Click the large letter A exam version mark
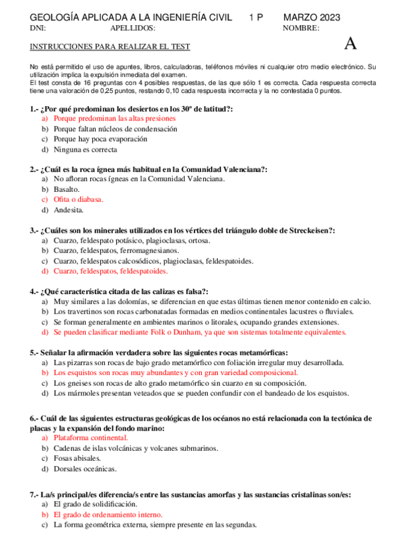tap(350, 44)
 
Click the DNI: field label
tap(38, 28)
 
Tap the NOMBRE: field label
tap(301, 28)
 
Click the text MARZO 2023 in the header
tap(312, 17)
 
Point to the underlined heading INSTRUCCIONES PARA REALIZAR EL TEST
tap(110, 47)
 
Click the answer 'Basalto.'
tap(67, 189)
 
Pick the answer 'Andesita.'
tap(69, 210)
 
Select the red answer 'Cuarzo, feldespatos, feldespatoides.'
tap(110, 271)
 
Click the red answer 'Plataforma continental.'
tap(90, 438)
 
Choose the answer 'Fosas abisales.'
tap(77, 458)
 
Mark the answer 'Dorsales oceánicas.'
tap(85, 469)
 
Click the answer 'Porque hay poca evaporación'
tap(100, 139)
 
